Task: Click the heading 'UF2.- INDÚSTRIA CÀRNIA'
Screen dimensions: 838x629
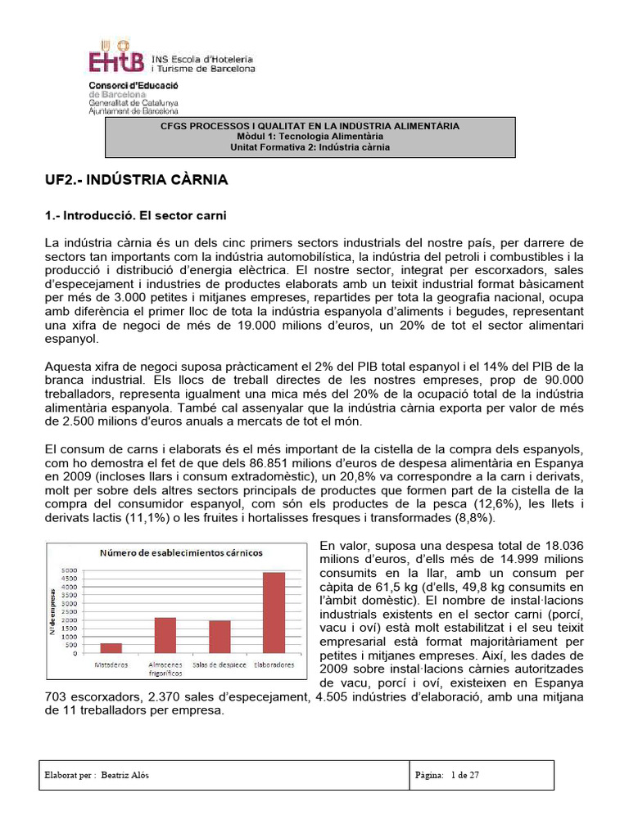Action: [135, 178]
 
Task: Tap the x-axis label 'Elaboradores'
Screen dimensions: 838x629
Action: [274, 665]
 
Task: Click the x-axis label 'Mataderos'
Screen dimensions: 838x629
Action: [109, 665]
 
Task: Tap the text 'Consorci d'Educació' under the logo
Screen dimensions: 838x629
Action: [133, 85]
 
